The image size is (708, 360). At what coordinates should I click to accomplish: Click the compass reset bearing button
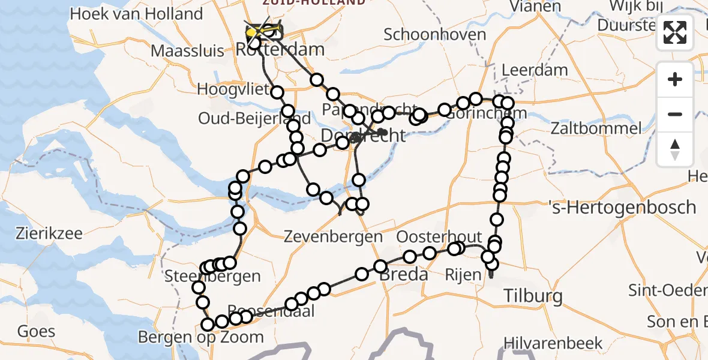pos(675,149)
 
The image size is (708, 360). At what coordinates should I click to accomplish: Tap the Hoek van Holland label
pos(136,13)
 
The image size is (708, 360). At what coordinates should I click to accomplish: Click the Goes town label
pos(37,331)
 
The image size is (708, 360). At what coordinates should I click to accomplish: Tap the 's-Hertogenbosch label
pos(622,208)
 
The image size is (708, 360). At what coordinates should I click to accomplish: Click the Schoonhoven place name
pos(434,34)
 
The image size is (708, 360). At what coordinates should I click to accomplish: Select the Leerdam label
pos(535,70)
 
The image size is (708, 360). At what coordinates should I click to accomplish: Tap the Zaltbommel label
pos(589,128)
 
